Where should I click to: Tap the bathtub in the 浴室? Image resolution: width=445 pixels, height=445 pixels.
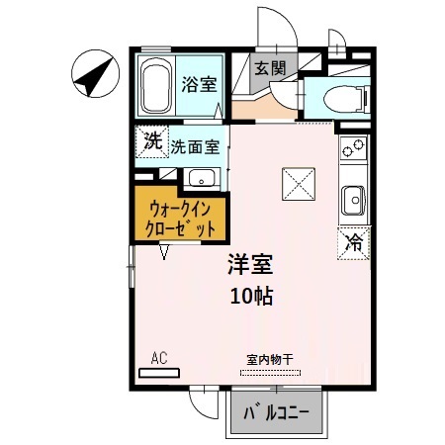[x=155, y=85]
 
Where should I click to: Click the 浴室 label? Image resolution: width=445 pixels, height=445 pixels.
[x=198, y=85]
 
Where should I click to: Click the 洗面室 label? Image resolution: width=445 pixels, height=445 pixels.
[x=194, y=146]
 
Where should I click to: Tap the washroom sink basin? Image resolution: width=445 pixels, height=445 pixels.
[x=202, y=179]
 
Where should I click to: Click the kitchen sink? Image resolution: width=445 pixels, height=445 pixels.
[x=353, y=201]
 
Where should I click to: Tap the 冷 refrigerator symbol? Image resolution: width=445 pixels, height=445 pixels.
[x=352, y=240]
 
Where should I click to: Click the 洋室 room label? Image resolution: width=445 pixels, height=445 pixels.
[x=250, y=265]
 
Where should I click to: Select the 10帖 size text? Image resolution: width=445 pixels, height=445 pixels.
[x=251, y=295]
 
